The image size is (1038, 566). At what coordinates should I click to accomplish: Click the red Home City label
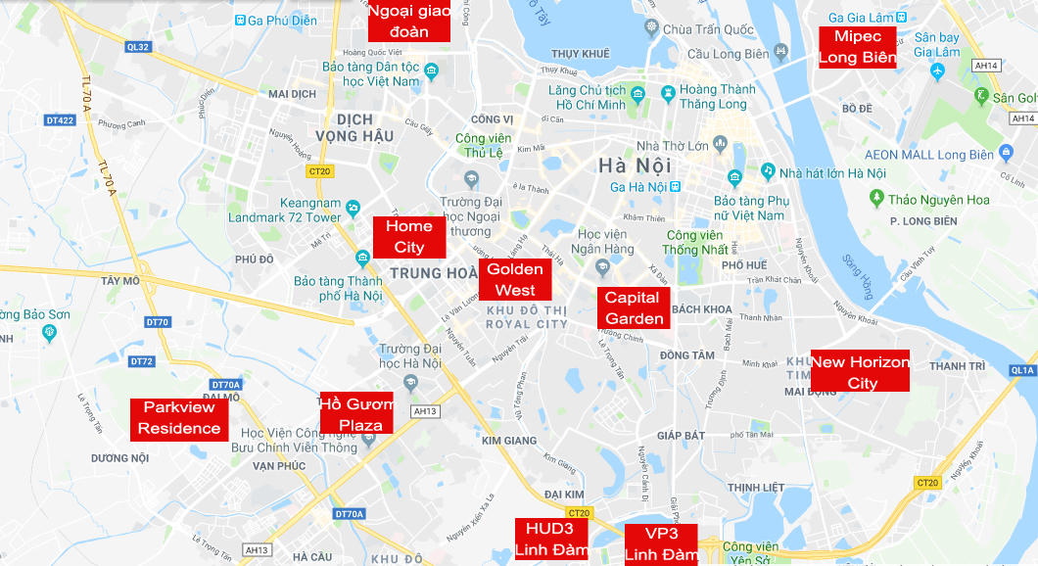pyautogui.click(x=409, y=237)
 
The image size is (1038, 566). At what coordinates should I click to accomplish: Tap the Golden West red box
pyautogui.click(x=515, y=279)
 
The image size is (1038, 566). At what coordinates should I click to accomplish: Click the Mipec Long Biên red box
pyautogui.click(x=858, y=47)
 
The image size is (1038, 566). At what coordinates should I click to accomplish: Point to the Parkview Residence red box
pyautogui.click(x=179, y=419)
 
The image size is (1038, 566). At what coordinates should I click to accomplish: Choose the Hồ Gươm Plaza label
pyautogui.click(x=356, y=413)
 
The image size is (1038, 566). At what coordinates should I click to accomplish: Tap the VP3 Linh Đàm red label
pyautogui.click(x=661, y=544)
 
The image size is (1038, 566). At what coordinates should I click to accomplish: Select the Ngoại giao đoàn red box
pyautogui.click(x=408, y=21)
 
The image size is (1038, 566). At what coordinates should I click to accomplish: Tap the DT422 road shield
pyautogui.click(x=60, y=120)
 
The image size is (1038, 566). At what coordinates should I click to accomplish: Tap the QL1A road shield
pyautogui.click(x=1022, y=370)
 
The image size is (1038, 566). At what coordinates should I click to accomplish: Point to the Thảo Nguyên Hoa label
pyautogui.click(x=938, y=200)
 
